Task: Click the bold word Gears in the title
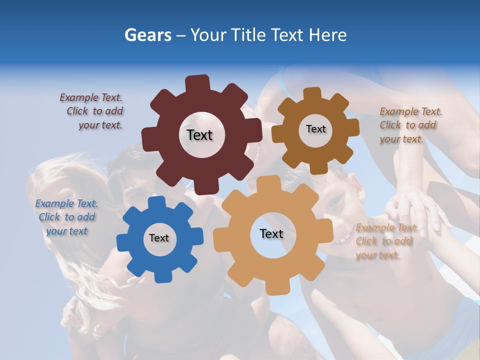(147, 35)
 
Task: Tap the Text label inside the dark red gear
(199, 135)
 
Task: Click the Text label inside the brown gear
(315, 129)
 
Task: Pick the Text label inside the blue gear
(159, 238)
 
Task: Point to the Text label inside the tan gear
(271, 233)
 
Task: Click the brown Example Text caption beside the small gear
(410, 125)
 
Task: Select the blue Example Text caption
(66, 217)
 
